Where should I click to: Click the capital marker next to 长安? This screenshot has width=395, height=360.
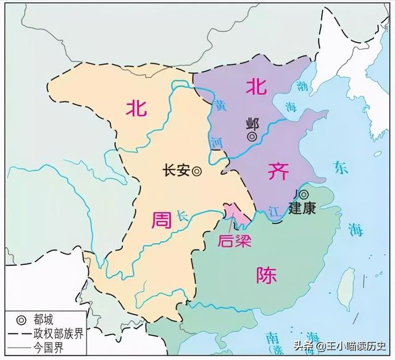click(x=196, y=173)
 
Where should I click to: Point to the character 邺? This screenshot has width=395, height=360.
click(x=251, y=122)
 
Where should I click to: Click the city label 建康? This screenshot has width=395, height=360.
click(x=302, y=208)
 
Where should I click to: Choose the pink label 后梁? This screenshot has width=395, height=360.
click(x=230, y=240)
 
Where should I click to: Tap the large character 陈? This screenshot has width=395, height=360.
click(x=264, y=273)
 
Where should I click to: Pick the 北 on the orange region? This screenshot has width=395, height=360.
click(x=136, y=108)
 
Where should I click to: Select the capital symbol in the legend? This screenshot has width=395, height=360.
click(x=20, y=320)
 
